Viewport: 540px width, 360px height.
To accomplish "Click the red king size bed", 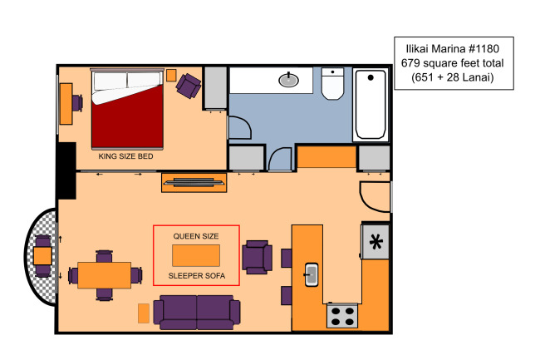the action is pos(127,109).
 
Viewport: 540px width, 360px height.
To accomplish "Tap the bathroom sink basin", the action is pos(288,80).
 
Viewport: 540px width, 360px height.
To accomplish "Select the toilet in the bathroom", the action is pos(332,83).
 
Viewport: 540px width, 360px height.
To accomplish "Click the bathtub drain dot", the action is pos(371,77).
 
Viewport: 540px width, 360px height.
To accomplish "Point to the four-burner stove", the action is pos(342,316).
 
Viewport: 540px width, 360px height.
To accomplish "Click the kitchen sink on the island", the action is pos(312,274).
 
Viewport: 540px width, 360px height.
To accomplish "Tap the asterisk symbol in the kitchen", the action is pos(376,241).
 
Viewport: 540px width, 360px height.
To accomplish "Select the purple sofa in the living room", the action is pos(197,312).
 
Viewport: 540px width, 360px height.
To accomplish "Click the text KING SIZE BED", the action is pos(125,156).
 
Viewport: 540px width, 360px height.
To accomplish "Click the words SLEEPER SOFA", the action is pos(197,275).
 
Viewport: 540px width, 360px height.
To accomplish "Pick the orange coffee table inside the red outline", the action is pos(196,255).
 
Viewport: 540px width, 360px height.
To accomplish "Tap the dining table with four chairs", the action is pos(105,275).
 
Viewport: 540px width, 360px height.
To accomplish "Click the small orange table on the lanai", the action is pos(42,256).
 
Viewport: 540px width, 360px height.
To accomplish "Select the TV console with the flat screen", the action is pos(194,183).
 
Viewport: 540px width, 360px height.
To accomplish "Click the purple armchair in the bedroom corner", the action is pos(189,86).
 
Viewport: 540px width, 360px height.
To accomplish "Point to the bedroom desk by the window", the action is pos(66,104).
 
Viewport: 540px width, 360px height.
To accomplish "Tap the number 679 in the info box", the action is pos(410,63).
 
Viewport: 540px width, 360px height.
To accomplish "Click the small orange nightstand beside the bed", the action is pos(171,75).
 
